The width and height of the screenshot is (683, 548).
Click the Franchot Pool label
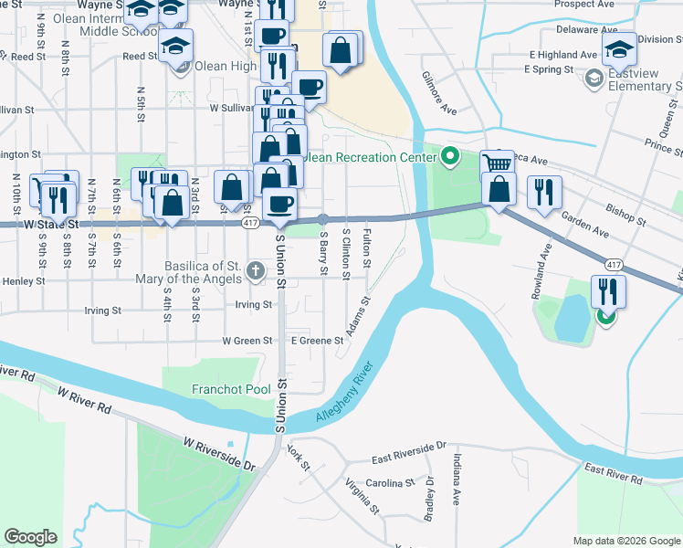(231, 390)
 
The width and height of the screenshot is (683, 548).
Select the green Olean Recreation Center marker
(449, 157)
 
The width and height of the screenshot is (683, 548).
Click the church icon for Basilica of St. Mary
(255, 270)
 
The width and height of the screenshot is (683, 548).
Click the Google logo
(30, 537)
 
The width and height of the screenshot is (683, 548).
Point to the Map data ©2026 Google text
(626, 540)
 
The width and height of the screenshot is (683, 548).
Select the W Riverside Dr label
(219, 453)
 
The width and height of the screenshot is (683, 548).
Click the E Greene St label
(316, 341)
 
